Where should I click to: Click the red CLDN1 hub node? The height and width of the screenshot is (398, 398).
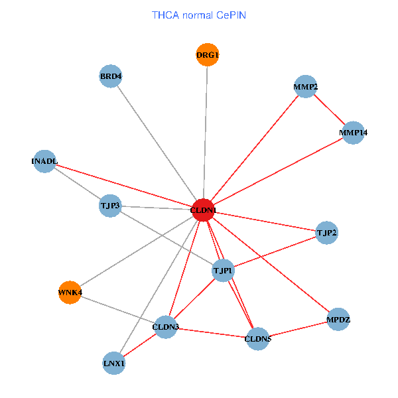tap(203, 210)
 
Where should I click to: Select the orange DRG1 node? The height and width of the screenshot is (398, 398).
tap(208, 54)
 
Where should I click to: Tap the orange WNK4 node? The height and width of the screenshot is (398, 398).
tap(70, 292)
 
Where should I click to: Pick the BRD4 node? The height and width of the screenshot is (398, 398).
tap(111, 76)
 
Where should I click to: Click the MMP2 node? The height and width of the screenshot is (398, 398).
tap(305, 87)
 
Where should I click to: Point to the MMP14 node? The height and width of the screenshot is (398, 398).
tap(353, 133)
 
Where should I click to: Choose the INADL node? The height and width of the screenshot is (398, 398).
tap(44, 161)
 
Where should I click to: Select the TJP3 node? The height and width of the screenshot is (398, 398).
tap(110, 206)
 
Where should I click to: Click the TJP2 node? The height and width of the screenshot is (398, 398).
tap(326, 233)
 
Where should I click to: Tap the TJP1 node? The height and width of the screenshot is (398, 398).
tap(223, 270)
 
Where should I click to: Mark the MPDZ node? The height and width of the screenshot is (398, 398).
tap(338, 320)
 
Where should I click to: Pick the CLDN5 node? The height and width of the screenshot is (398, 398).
tap(257, 339)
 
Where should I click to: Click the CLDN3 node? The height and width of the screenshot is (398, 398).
tap(165, 326)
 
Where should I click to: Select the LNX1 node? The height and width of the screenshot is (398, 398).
tap(114, 363)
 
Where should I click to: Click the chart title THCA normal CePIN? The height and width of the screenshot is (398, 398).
tap(199, 15)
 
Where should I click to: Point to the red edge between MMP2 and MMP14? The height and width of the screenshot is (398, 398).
tap(329, 110)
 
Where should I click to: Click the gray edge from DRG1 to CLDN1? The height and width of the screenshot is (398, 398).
tap(206, 133)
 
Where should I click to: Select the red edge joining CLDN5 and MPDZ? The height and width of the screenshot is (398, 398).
tap(298, 330)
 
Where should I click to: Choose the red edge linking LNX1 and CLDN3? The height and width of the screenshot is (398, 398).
tap(140, 344)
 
